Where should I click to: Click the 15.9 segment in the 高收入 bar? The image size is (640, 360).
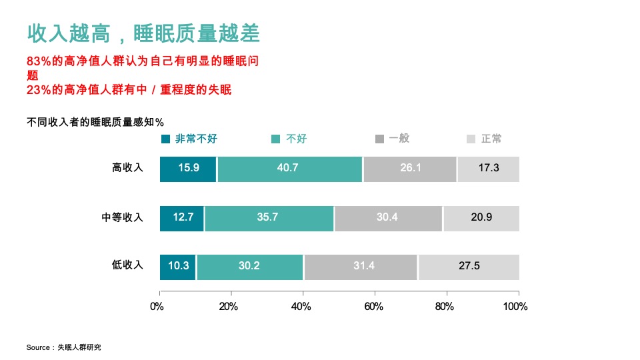click(188, 169)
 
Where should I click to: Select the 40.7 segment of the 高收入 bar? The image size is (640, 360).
click(290, 169)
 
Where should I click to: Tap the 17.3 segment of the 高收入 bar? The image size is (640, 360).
click(488, 169)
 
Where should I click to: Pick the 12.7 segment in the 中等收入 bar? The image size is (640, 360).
click(182, 218)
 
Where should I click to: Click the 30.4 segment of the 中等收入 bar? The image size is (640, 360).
click(388, 218)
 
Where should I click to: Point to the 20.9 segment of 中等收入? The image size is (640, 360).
click(481, 218)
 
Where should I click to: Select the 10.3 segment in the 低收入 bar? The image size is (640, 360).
click(178, 267)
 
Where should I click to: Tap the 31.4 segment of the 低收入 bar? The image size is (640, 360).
click(361, 267)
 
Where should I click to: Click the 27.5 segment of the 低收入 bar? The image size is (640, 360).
click(469, 267)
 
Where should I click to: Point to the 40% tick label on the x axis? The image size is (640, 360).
click(301, 307)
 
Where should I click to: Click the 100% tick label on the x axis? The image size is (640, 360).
click(515, 307)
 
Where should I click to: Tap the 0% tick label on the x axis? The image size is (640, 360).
click(157, 307)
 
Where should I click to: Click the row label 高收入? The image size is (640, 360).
click(127, 168)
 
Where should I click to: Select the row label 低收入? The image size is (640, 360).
click(127, 265)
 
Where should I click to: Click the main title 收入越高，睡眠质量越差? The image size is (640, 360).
click(143, 33)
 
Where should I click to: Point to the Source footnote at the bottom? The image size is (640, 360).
click(64, 347)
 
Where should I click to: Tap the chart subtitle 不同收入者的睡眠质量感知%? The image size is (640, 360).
click(95, 121)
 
